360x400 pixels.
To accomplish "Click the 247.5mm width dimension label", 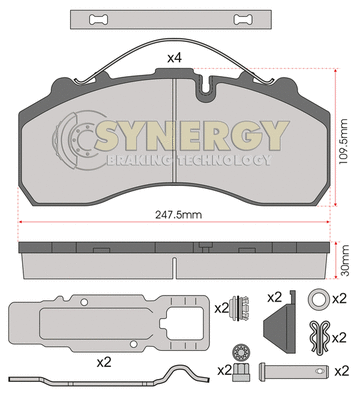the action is [179, 215].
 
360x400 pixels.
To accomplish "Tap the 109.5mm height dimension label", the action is [343, 141].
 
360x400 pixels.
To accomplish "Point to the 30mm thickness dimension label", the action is [345, 260].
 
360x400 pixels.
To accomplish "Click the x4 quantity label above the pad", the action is [174, 58].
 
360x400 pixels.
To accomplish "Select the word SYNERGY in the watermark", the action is [191, 135].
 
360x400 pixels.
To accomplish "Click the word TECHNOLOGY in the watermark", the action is [224, 160].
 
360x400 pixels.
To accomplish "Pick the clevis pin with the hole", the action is [294, 370].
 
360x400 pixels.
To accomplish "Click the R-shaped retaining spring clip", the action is [319, 336].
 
